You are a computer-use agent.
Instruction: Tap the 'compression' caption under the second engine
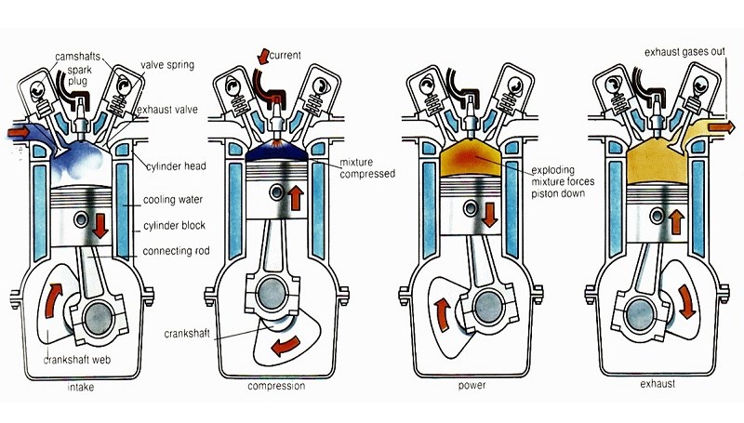tap(277, 384)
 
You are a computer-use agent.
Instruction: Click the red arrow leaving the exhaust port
tap(719, 126)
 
